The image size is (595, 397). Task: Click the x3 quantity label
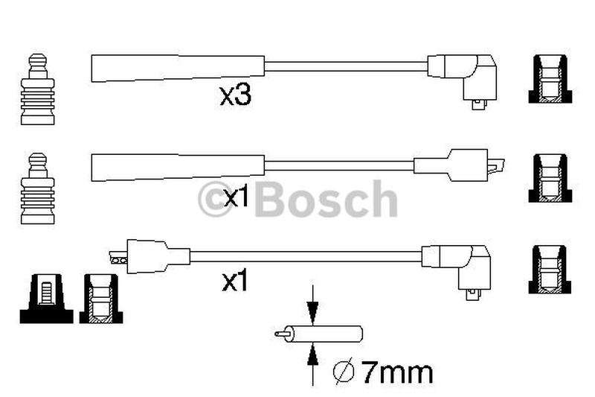[x=235, y=95]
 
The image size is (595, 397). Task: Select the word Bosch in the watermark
[x=326, y=199]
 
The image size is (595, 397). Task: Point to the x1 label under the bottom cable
[x=235, y=281]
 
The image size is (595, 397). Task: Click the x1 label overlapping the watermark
[x=236, y=197]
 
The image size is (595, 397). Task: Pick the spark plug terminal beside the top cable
[x=38, y=89]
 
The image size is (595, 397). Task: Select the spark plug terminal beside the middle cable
[x=38, y=188]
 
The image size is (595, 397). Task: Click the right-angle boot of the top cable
[x=462, y=81]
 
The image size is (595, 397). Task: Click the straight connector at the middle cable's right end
[x=459, y=165]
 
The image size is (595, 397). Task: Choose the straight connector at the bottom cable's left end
[x=149, y=256]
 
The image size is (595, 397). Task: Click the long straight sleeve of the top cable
[x=178, y=69]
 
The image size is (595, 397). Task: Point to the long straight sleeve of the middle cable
[x=178, y=168]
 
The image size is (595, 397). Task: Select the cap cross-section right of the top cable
[x=550, y=79]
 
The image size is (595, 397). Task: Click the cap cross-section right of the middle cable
[x=550, y=178]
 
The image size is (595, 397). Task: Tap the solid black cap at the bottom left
[x=46, y=299]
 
